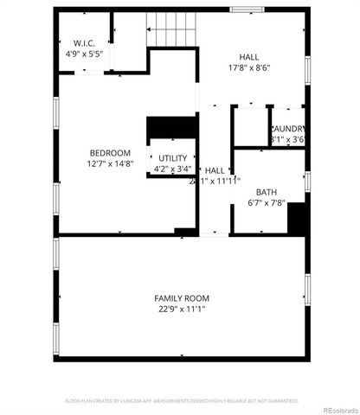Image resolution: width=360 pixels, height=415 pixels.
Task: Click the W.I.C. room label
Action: [84, 43]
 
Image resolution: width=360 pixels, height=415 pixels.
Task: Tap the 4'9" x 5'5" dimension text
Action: [84, 54]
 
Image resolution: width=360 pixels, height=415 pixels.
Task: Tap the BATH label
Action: [266, 193]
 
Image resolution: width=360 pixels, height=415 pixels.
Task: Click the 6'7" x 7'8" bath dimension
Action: [266, 204]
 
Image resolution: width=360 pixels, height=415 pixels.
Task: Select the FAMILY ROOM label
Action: [181, 297]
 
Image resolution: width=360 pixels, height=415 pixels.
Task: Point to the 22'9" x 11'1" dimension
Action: [181, 309]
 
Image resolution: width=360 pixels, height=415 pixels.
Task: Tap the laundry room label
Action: [288, 129]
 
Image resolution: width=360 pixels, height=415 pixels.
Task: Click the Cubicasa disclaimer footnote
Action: [181, 400]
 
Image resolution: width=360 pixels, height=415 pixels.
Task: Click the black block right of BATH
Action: [298, 219]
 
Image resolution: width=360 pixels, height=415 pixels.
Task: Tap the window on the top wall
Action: [247, 10]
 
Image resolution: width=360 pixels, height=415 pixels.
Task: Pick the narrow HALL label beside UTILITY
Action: [214, 170]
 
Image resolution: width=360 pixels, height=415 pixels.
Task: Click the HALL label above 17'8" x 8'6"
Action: [250, 55]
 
